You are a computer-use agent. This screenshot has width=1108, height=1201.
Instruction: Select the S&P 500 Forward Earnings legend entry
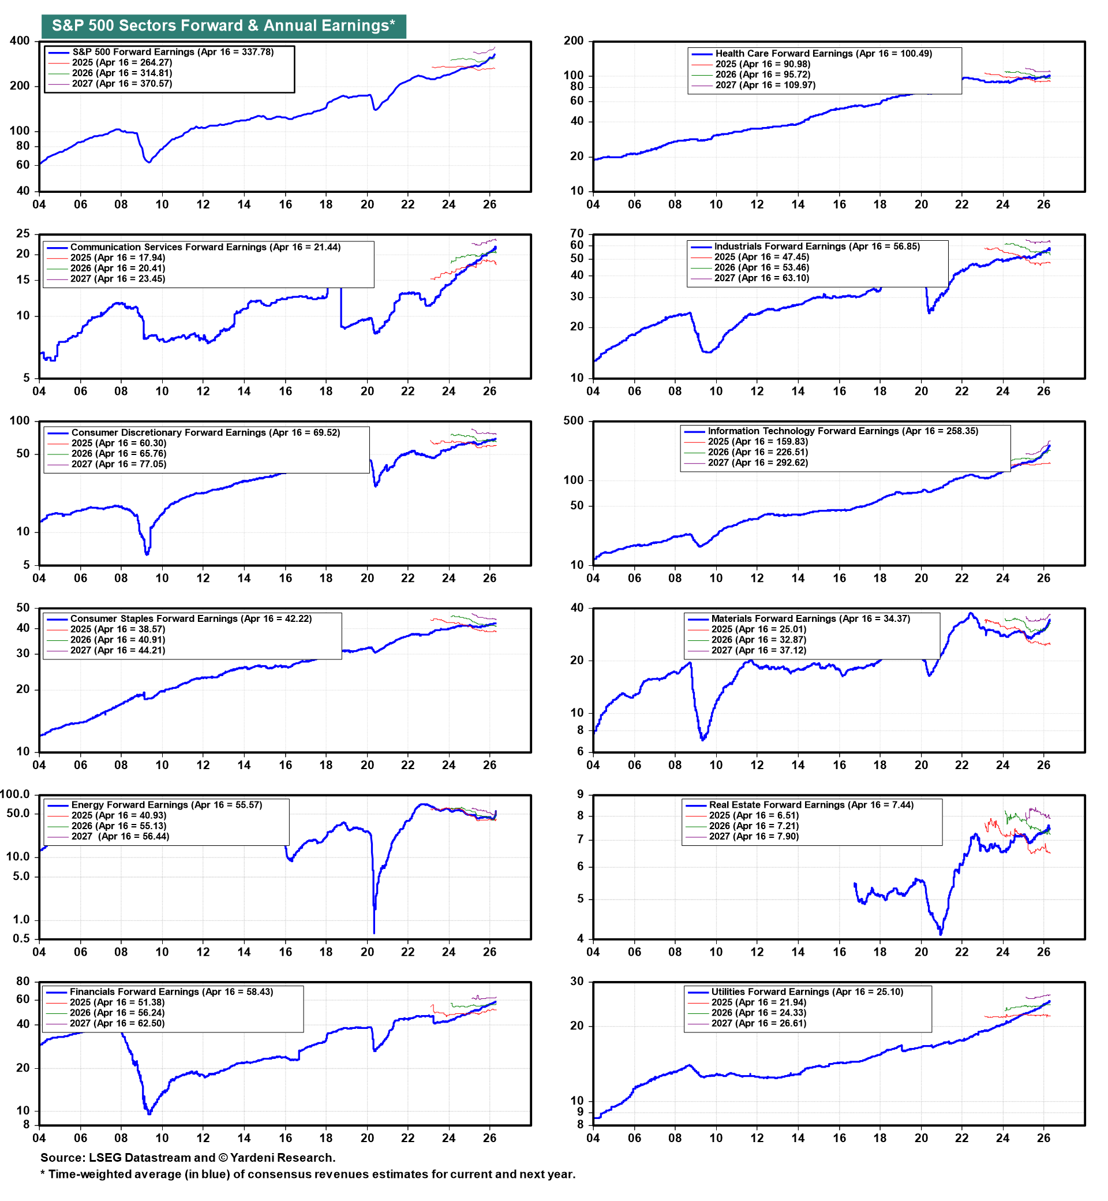[173, 52]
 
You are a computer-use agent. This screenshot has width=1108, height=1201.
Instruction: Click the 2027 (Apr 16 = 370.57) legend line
[122, 84]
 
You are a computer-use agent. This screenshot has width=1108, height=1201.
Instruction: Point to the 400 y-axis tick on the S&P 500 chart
[20, 41]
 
